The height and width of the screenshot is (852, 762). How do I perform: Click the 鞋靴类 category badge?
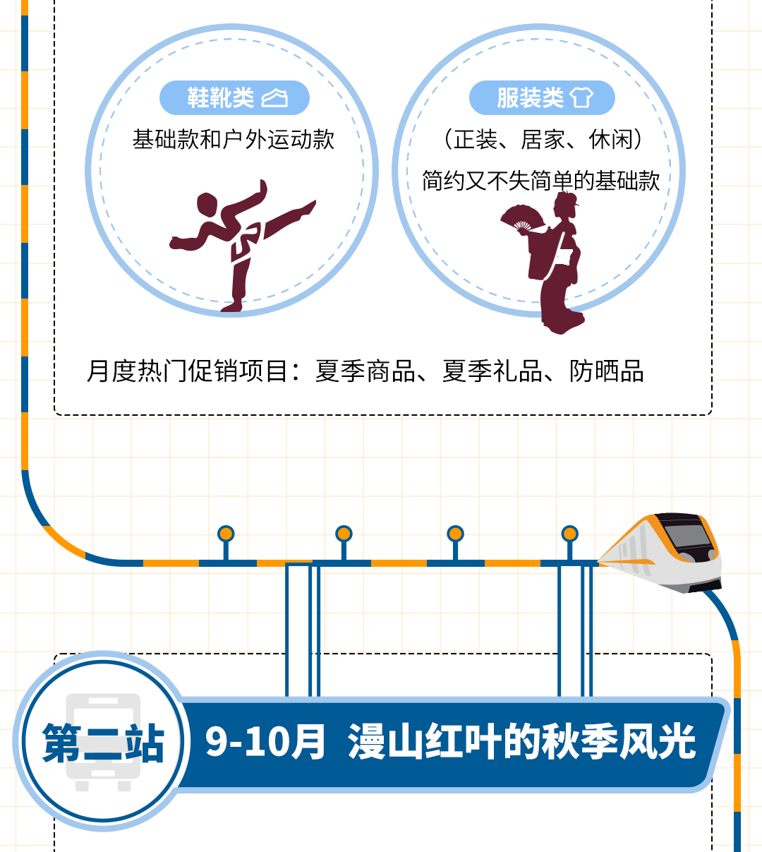234,98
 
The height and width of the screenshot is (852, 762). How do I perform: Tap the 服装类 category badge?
542,98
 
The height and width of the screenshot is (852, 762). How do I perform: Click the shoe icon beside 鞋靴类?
274,98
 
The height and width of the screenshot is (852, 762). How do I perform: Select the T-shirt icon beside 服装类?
581,97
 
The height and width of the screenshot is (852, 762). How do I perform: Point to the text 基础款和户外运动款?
234,140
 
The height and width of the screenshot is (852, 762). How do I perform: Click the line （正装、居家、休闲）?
543,140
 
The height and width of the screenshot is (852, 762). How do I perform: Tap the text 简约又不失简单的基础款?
540,181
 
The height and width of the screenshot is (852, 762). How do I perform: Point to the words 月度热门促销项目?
187,371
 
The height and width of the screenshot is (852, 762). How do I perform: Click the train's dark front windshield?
688,536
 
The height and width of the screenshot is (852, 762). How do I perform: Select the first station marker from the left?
226,534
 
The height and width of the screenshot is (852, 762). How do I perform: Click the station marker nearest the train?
569,534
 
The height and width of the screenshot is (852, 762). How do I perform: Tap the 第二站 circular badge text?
103,743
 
